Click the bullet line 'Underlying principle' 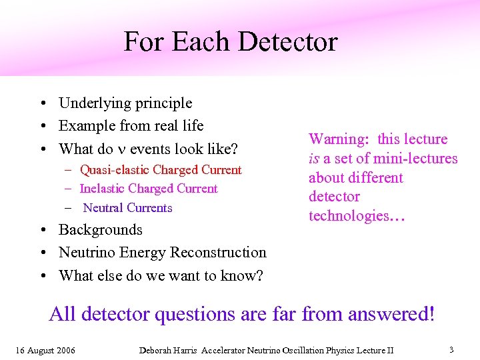tap(125, 103)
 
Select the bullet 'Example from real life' tap(131, 126)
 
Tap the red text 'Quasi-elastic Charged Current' tap(161, 170)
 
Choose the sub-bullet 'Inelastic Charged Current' tap(149, 189)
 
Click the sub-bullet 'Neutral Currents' tap(127, 208)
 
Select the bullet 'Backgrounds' tap(101, 230)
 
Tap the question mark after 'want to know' tap(259, 275)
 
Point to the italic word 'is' tap(314, 159)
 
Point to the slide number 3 tap(451, 349)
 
